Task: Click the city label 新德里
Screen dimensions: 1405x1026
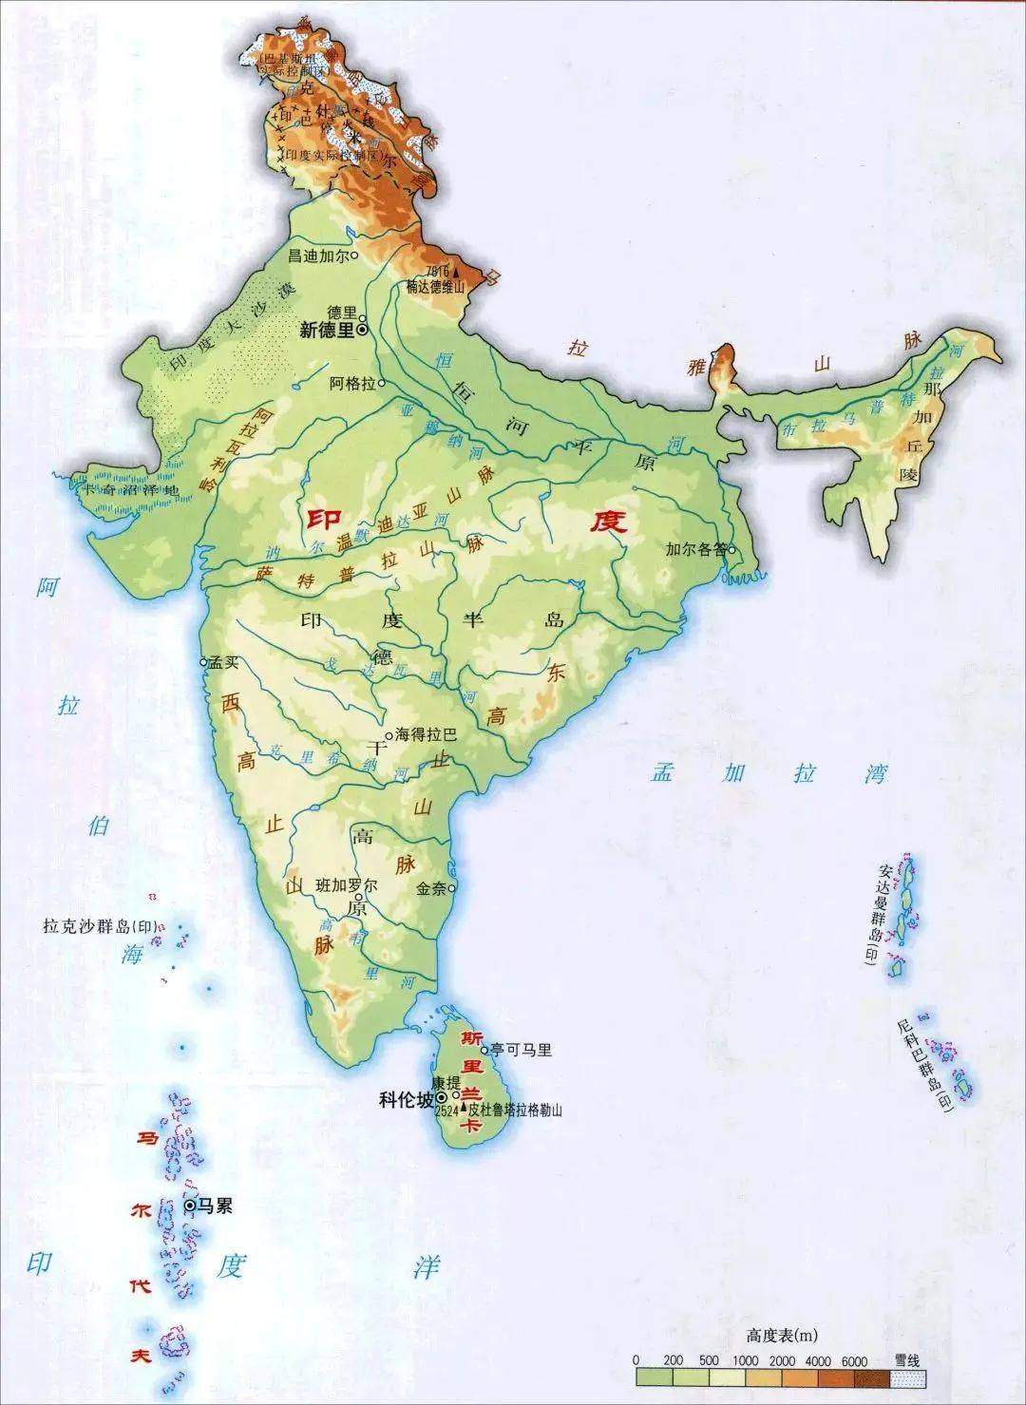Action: click(x=326, y=331)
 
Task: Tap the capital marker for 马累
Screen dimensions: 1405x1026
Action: click(x=190, y=1206)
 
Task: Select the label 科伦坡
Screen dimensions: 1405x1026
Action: click(x=406, y=1100)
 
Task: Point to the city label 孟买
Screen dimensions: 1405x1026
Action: click(x=222, y=663)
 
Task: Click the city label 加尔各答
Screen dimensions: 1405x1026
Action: click(x=695, y=549)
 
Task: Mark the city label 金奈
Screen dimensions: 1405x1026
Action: click(x=430, y=889)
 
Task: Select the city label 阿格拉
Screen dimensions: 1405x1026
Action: click(x=352, y=384)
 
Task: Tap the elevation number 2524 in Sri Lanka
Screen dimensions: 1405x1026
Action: click(x=446, y=1111)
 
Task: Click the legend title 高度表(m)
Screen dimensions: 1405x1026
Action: click(x=769, y=1337)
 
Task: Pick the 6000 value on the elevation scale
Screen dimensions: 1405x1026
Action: click(x=854, y=1361)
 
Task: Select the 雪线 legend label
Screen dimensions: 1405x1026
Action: click(x=907, y=1361)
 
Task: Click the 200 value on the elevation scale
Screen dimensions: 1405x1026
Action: click(x=673, y=1361)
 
